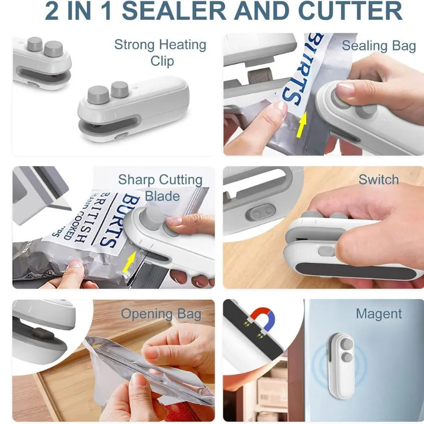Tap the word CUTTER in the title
(350, 11)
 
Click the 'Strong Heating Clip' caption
(160, 52)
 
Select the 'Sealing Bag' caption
(378, 46)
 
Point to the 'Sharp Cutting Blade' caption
(160, 188)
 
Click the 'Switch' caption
(378, 180)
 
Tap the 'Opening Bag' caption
(161, 314)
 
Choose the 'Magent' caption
(378, 314)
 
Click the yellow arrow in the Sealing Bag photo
(302, 126)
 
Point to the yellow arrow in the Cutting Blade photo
(128, 262)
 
